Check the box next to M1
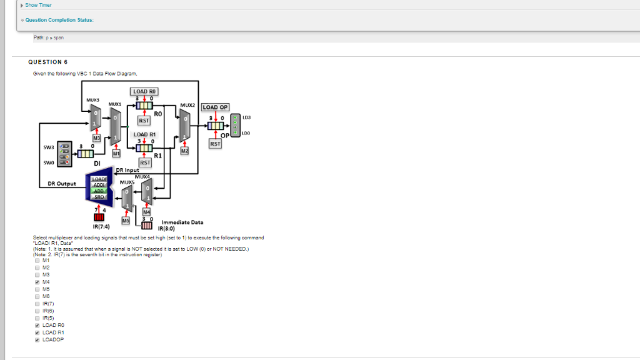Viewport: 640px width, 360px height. click(x=37, y=260)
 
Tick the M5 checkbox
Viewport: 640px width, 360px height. click(x=37, y=289)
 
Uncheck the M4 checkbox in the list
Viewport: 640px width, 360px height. click(x=37, y=282)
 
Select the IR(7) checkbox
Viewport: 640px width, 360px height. click(x=37, y=303)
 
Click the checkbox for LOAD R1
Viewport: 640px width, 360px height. click(x=37, y=332)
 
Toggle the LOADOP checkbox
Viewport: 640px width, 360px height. click(x=37, y=339)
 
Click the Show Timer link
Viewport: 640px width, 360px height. click(x=38, y=5)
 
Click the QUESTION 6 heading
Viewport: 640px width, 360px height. click(x=48, y=62)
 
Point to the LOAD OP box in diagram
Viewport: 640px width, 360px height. click(x=216, y=107)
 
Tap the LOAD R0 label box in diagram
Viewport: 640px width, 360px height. click(x=144, y=91)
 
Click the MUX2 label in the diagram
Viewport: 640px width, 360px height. click(x=187, y=104)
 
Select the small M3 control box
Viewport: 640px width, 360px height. click(x=96, y=136)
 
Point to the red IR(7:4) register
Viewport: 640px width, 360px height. click(x=99, y=217)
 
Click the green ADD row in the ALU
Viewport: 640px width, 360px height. click(x=99, y=191)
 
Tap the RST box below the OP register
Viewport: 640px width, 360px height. click(x=215, y=143)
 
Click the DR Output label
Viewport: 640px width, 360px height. click(x=62, y=184)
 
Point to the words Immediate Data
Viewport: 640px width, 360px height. click(x=182, y=222)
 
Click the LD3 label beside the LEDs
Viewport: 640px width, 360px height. click(x=246, y=117)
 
